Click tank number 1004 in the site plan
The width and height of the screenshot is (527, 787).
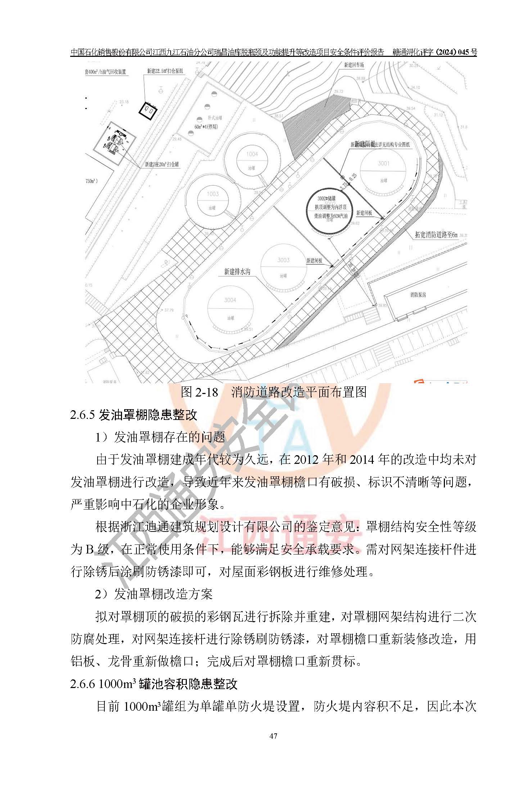(x=252, y=154)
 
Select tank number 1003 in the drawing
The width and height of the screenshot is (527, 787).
(x=212, y=194)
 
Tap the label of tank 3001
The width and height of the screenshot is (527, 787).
(x=383, y=163)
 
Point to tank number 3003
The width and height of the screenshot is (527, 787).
(x=283, y=260)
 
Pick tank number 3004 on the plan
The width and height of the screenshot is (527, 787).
(x=230, y=300)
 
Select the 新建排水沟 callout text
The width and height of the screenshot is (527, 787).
(x=237, y=272)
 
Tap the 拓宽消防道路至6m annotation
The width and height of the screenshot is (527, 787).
(x=436, y=235)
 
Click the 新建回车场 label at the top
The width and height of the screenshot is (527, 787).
(x=354, y=65)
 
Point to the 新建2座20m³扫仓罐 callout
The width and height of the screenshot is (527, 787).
(x=162, y=164)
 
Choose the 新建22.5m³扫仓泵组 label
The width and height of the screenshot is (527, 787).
(x=165, y=71)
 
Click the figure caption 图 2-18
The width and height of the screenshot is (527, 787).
(x=199, y=392)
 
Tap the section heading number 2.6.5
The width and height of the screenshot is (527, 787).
(x=82, y=415)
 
